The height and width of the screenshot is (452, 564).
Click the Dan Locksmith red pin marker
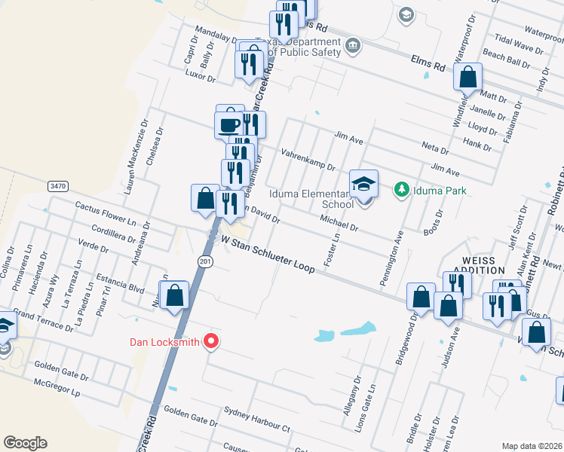[212, 341]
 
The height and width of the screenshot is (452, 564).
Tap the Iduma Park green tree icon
[401, 189]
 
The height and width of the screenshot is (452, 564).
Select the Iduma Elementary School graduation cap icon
[363, 183]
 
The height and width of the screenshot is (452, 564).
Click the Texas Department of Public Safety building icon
[352, 47]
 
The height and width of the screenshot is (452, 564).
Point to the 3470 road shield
[57, 185]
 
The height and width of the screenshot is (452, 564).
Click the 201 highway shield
[205, 261]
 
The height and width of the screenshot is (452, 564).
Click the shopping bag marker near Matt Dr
[467, 77]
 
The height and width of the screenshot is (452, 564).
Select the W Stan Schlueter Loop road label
[266, 257]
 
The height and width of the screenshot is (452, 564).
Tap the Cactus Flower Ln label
[105, 212]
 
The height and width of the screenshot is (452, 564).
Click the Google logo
[25, 443]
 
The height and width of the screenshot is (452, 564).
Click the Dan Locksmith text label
[164, 342]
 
